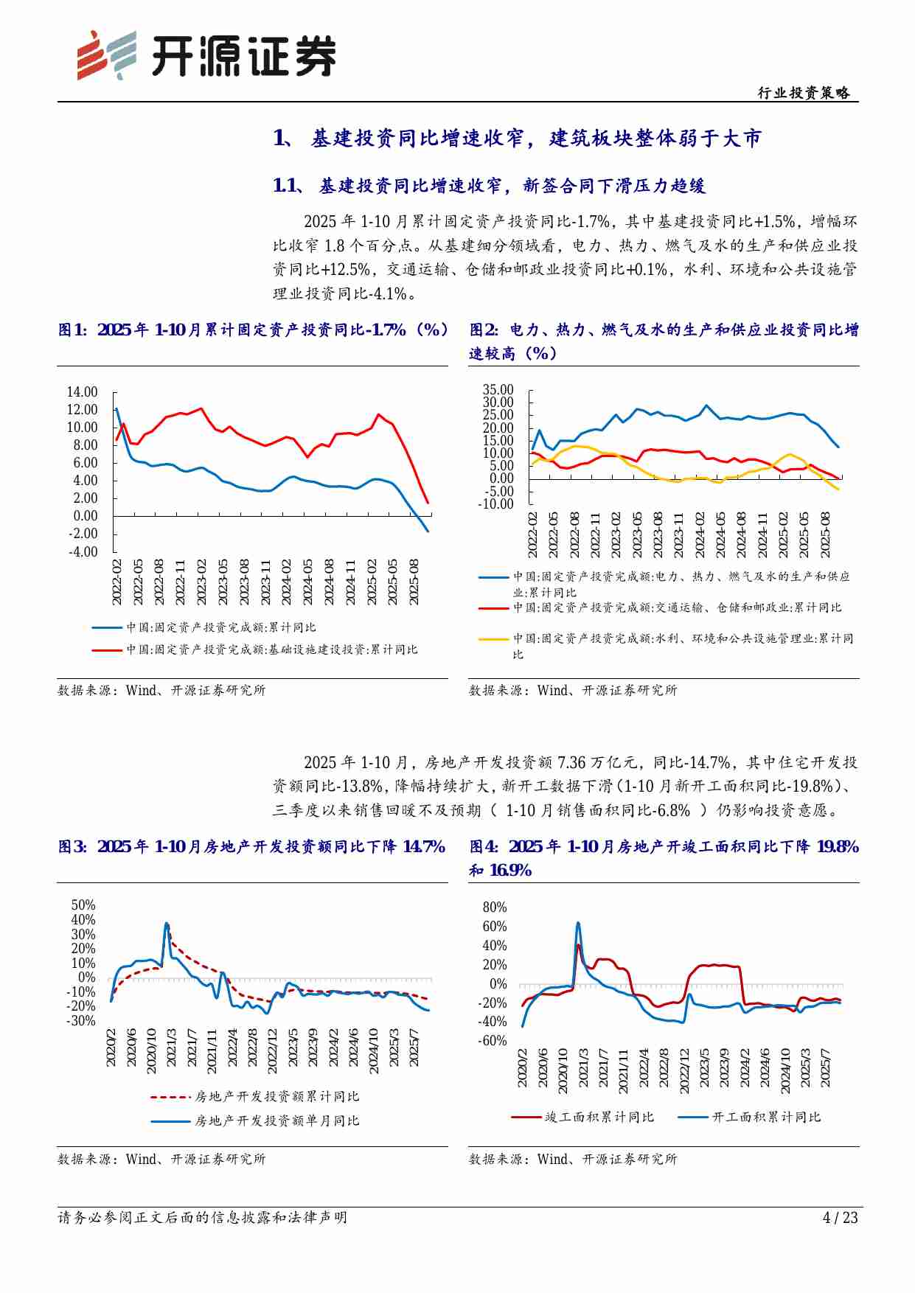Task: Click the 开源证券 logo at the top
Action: pos(206,55)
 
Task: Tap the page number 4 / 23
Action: pos(840,1217)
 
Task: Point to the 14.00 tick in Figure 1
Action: pos(82,392)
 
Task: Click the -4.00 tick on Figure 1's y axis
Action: pos(83,552)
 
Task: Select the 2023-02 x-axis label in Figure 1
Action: pos(201,582)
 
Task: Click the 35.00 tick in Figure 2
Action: pos(498,390)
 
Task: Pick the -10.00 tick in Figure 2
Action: pos(495,504)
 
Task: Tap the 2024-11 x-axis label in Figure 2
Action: pos(762,534)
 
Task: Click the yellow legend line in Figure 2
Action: pos(493,639)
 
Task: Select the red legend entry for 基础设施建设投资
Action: pos(254,650)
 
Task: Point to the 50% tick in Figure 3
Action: pos(83,905)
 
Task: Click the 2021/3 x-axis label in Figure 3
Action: pos(171,1047)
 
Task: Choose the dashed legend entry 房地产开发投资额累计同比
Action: pos(254,1097)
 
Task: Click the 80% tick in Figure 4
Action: pos(495,907)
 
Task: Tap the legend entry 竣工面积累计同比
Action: pos(582,1118)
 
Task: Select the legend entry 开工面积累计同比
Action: pos(748,1118)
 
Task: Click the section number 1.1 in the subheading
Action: pos(285,186)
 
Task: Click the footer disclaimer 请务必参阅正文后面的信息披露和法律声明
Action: pos(202,1217)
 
